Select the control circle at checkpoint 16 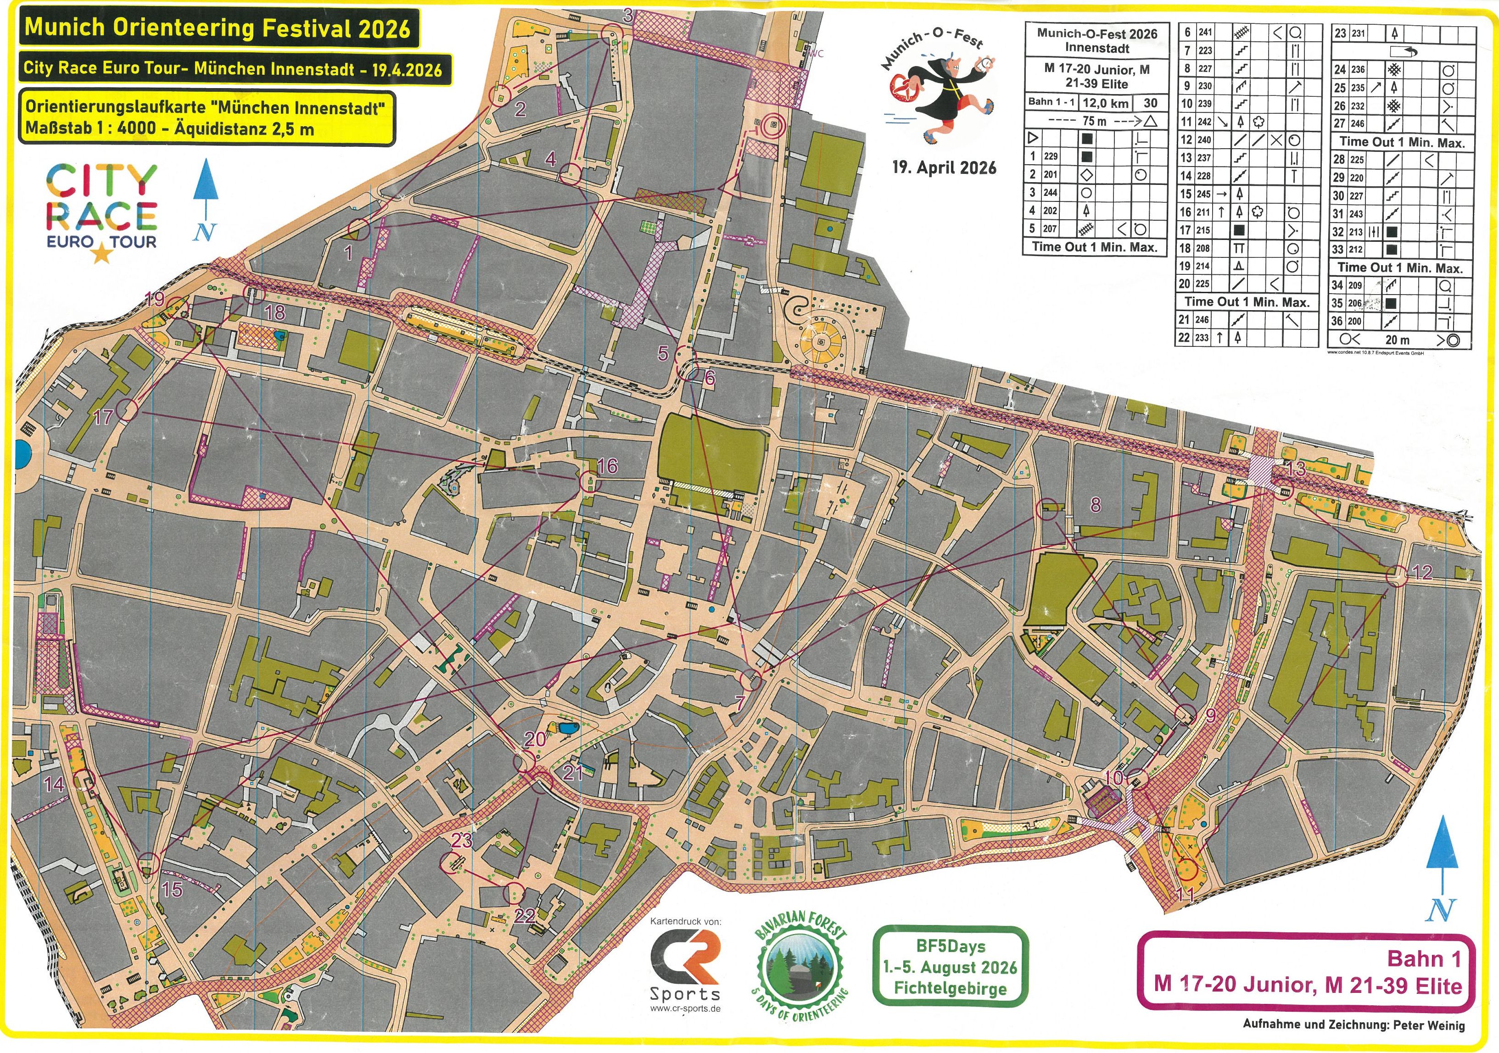589,482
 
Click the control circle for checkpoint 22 515,892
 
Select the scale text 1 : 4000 124,128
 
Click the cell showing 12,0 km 1105,103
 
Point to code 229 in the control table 1051,156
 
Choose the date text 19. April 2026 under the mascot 944,168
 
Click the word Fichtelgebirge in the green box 950,988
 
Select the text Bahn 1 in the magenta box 1423,958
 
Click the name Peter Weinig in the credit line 1428,1025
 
